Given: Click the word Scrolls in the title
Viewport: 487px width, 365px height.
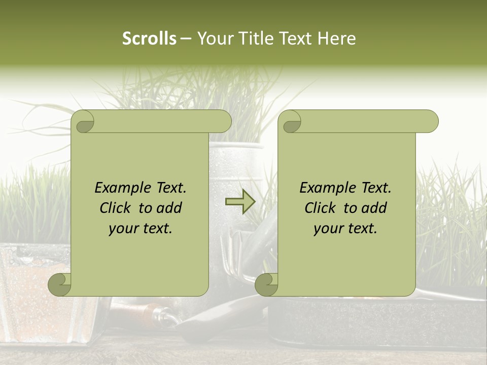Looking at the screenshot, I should [149, 39].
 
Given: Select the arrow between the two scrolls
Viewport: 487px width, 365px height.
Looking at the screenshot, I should [240, 202].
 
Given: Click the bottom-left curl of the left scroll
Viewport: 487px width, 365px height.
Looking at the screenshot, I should [60, 284].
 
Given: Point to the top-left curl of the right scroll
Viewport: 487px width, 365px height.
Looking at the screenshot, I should [291, 122].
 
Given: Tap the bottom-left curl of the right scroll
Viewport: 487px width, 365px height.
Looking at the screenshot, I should [267, 284].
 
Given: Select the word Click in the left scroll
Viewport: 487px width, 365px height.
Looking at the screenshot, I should [116, 208].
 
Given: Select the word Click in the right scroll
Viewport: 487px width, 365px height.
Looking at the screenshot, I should [321, 208].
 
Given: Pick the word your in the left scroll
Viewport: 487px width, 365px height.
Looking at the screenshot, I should [123, 229].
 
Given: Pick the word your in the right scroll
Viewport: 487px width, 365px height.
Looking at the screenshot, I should [328, 229].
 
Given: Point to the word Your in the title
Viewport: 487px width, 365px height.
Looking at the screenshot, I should [214, 39].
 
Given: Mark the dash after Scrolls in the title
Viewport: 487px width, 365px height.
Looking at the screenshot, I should [186, 39].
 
